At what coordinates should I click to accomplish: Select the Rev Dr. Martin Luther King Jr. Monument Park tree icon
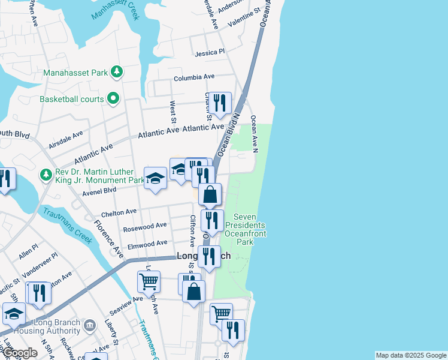(x=46, y=175)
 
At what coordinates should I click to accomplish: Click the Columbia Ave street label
(x=194, y=77)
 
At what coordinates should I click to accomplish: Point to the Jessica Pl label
(x=210, y=53)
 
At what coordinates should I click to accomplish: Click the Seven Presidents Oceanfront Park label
(x=244, y=229)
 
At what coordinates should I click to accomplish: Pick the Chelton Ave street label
(x=119, y=212)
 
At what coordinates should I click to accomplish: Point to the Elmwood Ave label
(x=145, y=244)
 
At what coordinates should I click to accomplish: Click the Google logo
(x=20, y=353)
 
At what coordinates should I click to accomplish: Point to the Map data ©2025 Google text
(x=410, y=355)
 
